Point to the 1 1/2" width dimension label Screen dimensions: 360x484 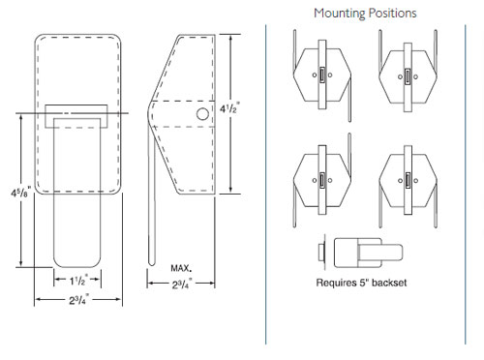[x=80, y=281]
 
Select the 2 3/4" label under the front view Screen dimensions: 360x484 [x=80, y=302]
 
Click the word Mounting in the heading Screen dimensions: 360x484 [x=338, y=14]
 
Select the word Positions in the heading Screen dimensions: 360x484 [x=391, y=14]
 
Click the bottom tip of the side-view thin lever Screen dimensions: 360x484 [x=153, y=259]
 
